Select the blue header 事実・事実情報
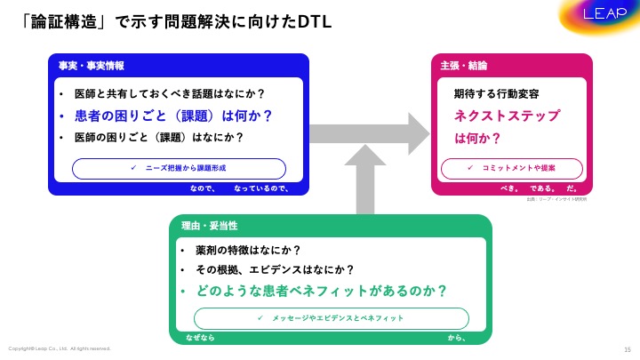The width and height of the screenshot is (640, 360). pyautogui.click(x=92, y=66)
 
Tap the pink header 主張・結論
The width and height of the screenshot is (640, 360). pyautogui.click(x=463, y=66)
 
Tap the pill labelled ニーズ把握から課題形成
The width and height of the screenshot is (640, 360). pyautogui.click(x=179, y=168)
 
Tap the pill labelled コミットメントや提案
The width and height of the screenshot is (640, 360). pyautogui.click(x=512, y=168)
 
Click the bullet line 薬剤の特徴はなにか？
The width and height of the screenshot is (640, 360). pyautogui.click(x=248, y=250)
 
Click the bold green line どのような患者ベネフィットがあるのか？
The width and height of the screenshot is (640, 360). pyautogui.click(x=320, y=291)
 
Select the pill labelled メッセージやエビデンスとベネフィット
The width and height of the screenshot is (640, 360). pyautogui.click(x=331, y=317)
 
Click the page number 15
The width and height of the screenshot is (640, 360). pyautogui.click(x=628, y=348)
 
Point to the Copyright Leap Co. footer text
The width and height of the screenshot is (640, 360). pyautogui.click(x=59, y=348)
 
